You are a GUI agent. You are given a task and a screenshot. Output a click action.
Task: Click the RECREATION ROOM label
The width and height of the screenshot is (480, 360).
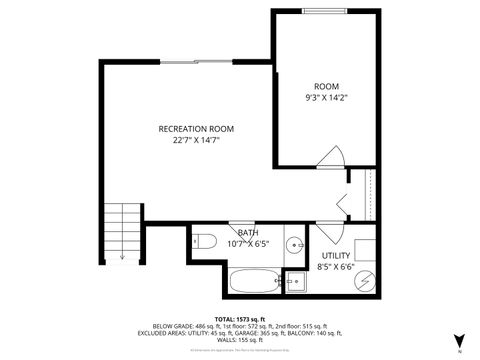pos(196,128)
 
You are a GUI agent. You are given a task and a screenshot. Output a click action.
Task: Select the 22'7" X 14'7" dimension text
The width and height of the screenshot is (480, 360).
pos(196,141)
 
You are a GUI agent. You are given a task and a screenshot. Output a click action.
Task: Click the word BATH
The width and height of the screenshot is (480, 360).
pos(248,233)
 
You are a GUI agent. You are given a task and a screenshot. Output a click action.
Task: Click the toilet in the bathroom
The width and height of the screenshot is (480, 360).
pos(203,241)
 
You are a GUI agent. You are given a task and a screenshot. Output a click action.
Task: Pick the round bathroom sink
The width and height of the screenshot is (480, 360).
pos(295,243)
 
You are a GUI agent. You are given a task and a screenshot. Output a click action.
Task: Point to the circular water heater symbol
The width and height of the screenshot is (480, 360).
pos(365,280)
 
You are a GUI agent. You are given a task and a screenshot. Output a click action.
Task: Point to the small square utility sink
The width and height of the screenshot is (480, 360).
pos(295,280)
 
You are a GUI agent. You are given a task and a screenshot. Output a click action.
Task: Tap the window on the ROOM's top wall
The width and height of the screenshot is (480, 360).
pos(318,11)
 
